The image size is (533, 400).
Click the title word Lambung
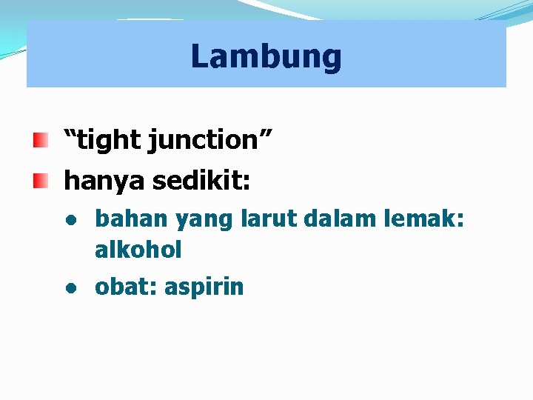[266, 56]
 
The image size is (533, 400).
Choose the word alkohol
[138, 250]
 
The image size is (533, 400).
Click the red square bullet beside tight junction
[41, 139]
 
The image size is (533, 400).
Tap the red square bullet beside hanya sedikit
[41, 179]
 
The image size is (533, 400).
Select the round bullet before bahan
[70, 220]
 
